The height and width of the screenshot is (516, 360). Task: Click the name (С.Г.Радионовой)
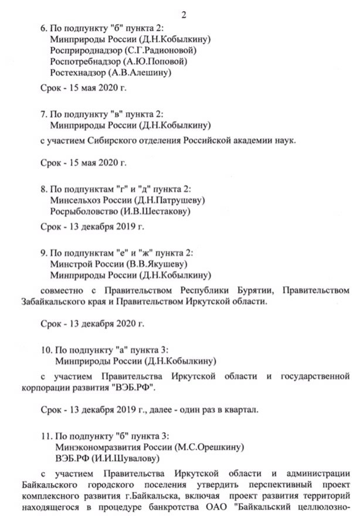click(158, 51)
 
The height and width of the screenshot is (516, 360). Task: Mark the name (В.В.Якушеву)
click(154, 263)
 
